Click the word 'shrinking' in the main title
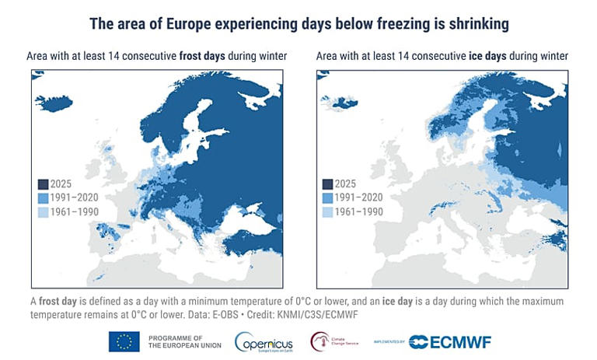pos(473,24)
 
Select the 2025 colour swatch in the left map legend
pos(43,184)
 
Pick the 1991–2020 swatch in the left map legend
pos(43,198)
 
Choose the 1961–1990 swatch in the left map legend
pos(43,211)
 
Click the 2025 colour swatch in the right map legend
pos(327,184)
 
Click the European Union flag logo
pos(124,341)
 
